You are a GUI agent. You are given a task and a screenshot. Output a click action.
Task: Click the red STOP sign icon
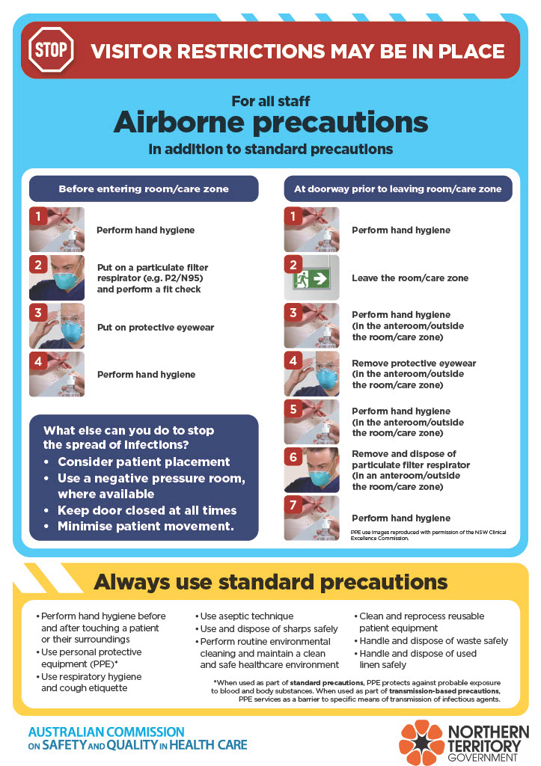51,51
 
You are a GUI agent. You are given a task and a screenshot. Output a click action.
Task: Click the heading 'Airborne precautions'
270,122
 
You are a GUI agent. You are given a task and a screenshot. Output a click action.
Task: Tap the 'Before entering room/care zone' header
144,189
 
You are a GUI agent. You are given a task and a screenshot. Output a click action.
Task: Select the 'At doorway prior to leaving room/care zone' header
398,189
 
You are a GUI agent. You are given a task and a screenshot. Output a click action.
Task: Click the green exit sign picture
311,278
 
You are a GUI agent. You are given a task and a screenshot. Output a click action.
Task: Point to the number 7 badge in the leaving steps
294,505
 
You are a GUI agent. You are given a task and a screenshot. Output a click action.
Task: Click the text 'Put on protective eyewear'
156,326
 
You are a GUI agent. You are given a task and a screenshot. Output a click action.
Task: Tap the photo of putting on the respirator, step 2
57,278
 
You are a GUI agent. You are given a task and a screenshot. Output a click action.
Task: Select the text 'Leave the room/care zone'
410,278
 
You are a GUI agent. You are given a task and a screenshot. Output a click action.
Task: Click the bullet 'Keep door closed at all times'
147,510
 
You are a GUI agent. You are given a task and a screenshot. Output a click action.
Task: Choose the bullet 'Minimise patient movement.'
146,527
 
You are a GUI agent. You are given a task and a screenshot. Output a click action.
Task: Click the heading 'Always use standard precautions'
270,582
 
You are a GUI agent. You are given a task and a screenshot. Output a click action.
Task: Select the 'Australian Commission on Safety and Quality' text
138,738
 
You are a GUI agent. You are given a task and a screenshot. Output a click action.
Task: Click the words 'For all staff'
270,101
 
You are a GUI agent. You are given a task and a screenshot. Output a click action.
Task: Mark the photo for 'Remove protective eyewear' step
311,373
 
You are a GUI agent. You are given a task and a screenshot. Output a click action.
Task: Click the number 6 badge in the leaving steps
294,457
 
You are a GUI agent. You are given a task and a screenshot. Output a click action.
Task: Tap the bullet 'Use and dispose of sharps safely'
259,629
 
